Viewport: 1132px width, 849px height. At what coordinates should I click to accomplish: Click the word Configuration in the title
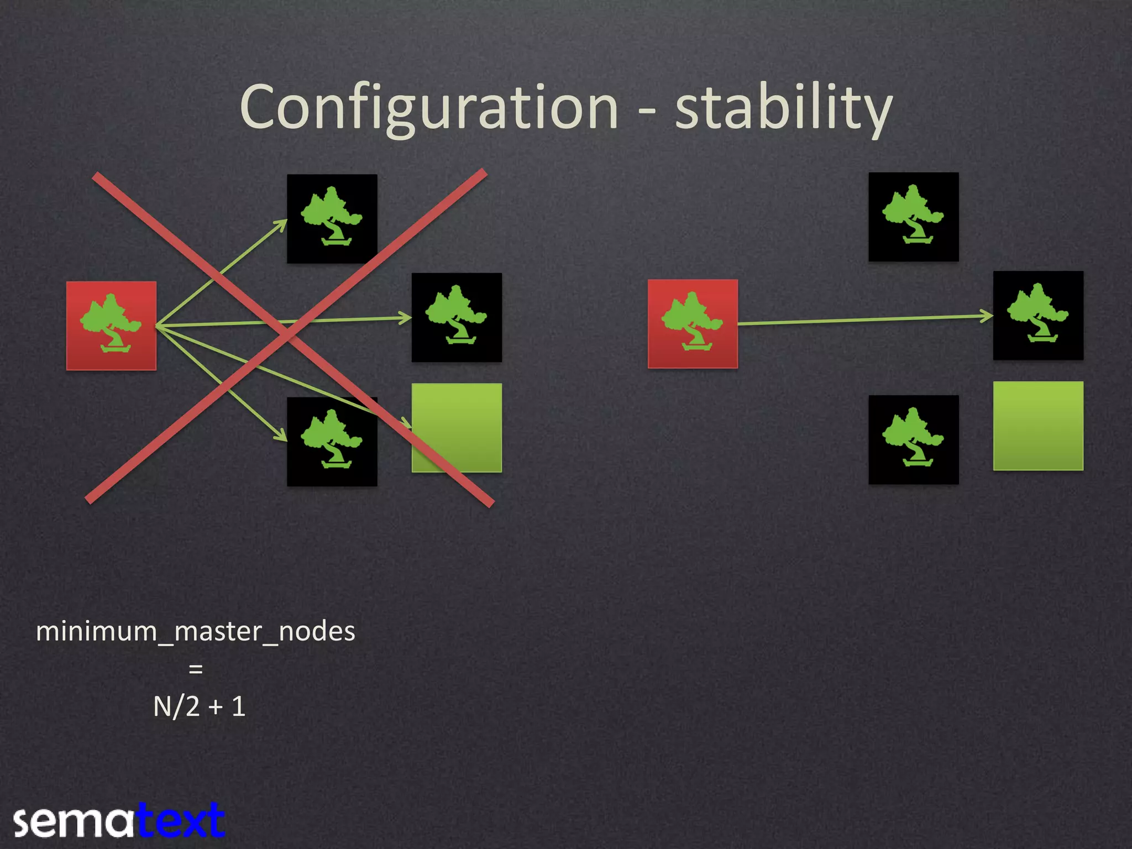(429, 108)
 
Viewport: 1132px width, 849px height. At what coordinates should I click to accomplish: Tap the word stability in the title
(783, 108)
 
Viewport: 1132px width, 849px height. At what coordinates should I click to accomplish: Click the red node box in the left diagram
(111, 326)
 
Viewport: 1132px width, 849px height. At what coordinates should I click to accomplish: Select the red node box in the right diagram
(693, 324)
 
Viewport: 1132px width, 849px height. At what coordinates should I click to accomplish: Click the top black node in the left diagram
(332, 218)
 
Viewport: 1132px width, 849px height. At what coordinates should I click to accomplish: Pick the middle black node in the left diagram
(457, 317)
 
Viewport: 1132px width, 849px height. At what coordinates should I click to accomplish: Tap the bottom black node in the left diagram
(332, 442)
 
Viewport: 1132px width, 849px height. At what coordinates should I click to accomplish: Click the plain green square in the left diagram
(457, 427)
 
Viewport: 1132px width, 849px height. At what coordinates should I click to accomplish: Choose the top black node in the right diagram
(913, 217)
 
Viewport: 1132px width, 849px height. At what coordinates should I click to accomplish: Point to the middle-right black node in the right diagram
(1038, 316)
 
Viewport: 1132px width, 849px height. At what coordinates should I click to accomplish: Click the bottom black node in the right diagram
(913, 439)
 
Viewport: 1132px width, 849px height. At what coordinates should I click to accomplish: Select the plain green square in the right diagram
(1038, 426)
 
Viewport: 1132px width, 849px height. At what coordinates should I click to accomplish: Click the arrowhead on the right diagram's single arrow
(987, 316)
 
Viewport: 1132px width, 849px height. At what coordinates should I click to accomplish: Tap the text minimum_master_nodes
(196, 631)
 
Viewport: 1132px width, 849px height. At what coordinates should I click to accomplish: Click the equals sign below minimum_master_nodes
(196, 669)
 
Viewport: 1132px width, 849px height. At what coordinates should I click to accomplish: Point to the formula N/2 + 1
(199, 706)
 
